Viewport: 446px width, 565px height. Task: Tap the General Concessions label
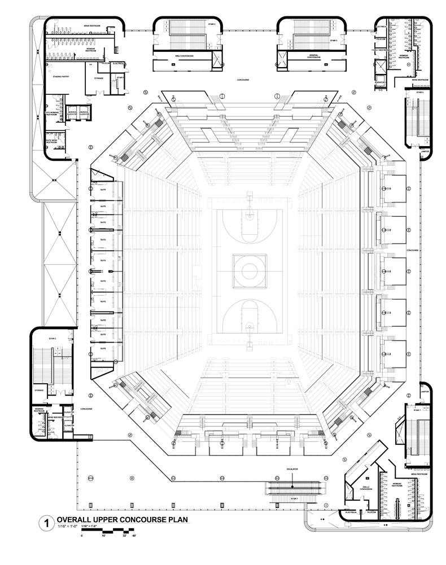314,56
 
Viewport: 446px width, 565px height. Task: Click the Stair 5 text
334,41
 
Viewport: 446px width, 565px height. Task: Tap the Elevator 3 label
381,82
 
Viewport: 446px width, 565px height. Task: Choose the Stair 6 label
419,92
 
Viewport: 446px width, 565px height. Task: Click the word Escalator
292,469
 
